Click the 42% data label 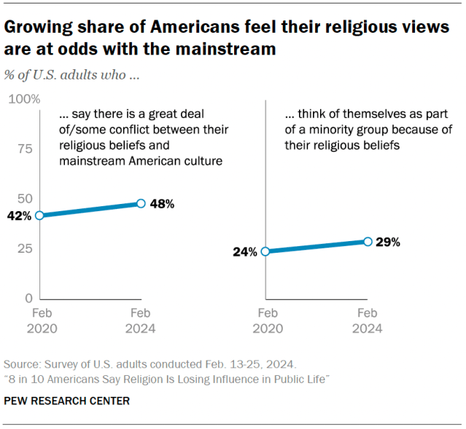[19, 216]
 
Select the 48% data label [162, 204]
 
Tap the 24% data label [245, 252]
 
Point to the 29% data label [388, 242]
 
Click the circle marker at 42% [40, 215]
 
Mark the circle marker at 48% [141, 204]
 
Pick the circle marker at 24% [265, 251]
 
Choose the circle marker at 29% [368, 241]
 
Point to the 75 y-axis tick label [26, 149]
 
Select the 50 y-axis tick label [26, 198]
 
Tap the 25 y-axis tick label [26, 248]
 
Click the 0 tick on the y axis [29, 299]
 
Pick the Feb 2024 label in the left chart [141, 320]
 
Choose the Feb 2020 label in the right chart [266, 320]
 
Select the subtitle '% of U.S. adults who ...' [71, 74]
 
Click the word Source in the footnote [22, 364]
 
